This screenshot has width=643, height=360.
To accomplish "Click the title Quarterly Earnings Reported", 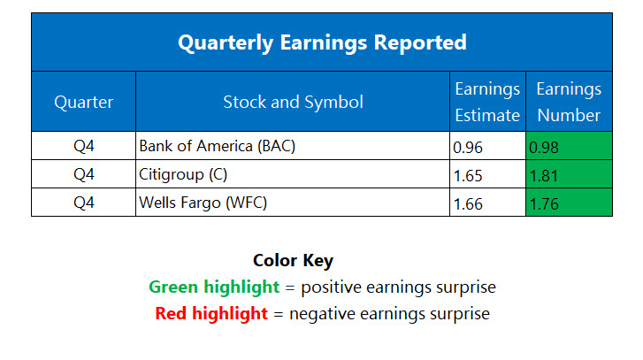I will point(321,42).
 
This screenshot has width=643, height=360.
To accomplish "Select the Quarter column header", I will point(84,102).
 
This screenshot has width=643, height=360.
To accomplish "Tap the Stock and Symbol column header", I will point(293,102).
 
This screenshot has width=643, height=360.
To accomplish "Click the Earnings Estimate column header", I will point(486,102).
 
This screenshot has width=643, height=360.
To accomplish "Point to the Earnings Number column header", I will point(568,102).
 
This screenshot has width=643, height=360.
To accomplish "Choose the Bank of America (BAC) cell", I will point(217,146).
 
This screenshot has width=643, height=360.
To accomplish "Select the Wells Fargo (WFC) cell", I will point(203,203).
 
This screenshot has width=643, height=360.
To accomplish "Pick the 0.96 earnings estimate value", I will point(468,147).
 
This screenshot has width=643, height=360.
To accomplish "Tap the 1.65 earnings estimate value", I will point(468,175).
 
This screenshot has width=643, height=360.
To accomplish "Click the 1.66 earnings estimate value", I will point(468,203).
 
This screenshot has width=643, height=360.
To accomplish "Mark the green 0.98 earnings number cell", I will point(568,147).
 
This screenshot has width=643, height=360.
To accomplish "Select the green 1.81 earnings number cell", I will point(568,175).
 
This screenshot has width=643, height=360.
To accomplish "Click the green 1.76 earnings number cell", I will point(568,203).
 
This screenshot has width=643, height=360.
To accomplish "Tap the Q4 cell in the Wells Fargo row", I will point(84,203).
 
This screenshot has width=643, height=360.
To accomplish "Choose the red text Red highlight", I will point(211,313).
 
